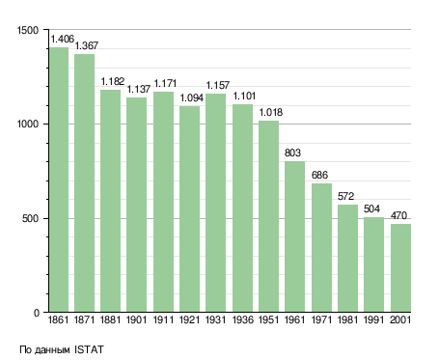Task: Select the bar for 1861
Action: click(x=59, y=180)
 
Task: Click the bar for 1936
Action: click(x=243, y=208)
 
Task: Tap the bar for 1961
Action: click(x=294, y=236)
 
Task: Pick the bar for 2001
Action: click(x=400, y=267)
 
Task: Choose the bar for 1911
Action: click(x=163, y=202)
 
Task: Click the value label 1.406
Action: click(x=63, y=40)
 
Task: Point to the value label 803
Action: click(x=292, y=152)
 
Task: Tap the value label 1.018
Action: click(x=271, y=113)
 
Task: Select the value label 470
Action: click(x=398, y=215)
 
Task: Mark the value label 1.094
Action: click(x=191, y=98)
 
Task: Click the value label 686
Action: click(x=319, y=176)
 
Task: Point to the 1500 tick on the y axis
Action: click(x=28, y=30)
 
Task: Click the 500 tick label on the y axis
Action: click(x=31, y=219)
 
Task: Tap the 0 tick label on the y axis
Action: click(x=37, y=313)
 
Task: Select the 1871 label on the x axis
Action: click(x=84, y=320)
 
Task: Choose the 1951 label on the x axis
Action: click(x=268, y=320)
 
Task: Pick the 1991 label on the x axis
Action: click(x=373, y=320)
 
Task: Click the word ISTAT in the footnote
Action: click(x=89, y=349)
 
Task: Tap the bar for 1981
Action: click(x=347, y=258)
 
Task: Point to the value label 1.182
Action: click(x=113, y=82)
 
